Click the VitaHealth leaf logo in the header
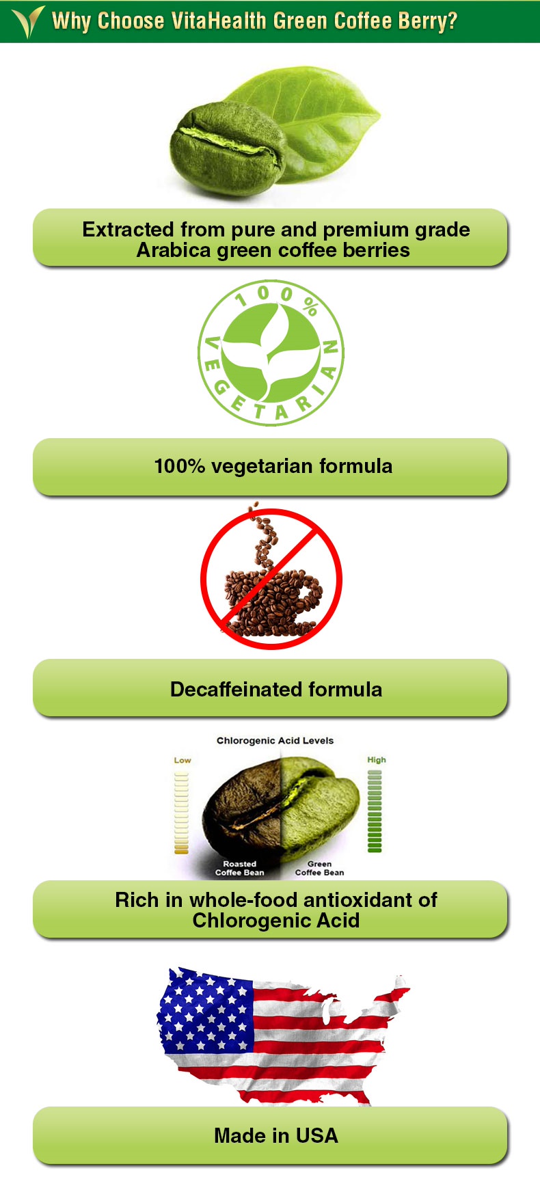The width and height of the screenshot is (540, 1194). pyautogui.click(x=27, y=22)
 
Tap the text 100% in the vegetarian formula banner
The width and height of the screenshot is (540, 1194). pyautogui.click(x=180, y=466)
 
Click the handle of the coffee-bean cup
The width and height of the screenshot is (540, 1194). pyautogui.click(x=308, y=594)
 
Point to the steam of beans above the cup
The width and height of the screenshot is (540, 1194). pyautogui.click(x=262, y=537)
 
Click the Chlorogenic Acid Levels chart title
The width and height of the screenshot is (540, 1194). pyautogui.click(x=275, y=740)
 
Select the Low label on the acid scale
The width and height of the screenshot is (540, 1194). pyautogui.click(x=183, y=760)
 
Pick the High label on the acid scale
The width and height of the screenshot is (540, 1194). pyautogui.click(x=377, y=759)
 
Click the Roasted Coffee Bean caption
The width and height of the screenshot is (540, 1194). pyautogui.click(x=239, y=868)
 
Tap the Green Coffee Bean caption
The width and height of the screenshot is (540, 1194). pyautogui.click(x=319, y=868)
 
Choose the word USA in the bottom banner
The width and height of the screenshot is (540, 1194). pyautogui.click(x=317, y=1135)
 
